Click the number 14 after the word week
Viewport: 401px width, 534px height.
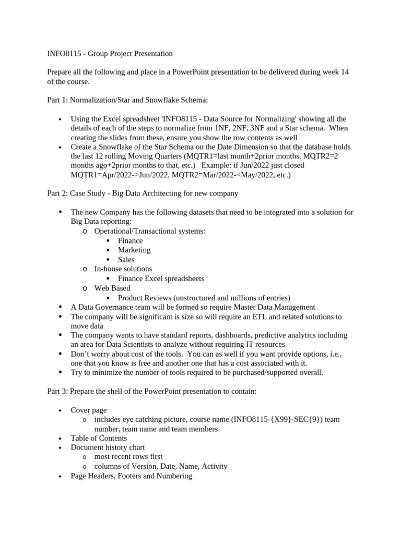click(x=344, y=72)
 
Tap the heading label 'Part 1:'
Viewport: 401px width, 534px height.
click(x=57, y=100)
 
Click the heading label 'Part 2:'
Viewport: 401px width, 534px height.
click(x=57, y=193)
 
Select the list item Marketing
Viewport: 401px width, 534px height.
click(x=134, y=250)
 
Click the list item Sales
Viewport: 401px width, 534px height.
click(x=126, y=259)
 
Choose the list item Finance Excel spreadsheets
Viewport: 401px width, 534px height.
click(x=161, y=278)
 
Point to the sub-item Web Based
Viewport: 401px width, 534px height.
click(x=112, y=288)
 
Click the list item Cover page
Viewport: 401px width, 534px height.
click(x=88, y=410)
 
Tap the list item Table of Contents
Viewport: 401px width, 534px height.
click(x=99, y=438)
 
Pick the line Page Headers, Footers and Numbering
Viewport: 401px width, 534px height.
click(x=132, y=476)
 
